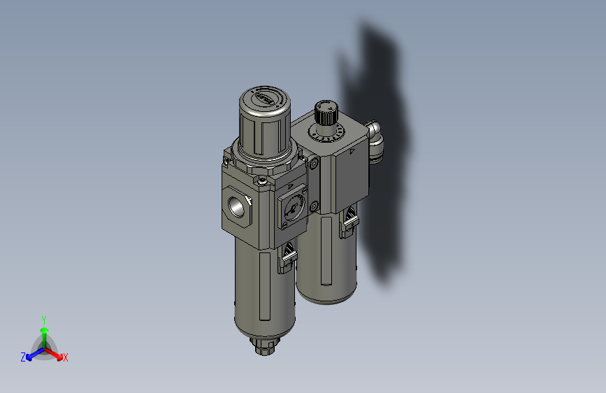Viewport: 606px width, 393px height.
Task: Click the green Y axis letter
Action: pos(44,318)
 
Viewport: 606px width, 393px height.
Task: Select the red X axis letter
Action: pos(66,357)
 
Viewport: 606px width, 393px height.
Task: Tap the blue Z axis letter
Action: pos(23,357)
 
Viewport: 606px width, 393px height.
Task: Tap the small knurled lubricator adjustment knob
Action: pos(325,111)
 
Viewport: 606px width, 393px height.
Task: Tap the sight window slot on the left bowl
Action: pos(266,286)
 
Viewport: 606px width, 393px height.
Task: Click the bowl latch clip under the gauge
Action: pos(287,256)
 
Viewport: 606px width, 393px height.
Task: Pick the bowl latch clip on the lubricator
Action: pos(349,223)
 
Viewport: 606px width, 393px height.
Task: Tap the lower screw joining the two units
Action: pos(315,206)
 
